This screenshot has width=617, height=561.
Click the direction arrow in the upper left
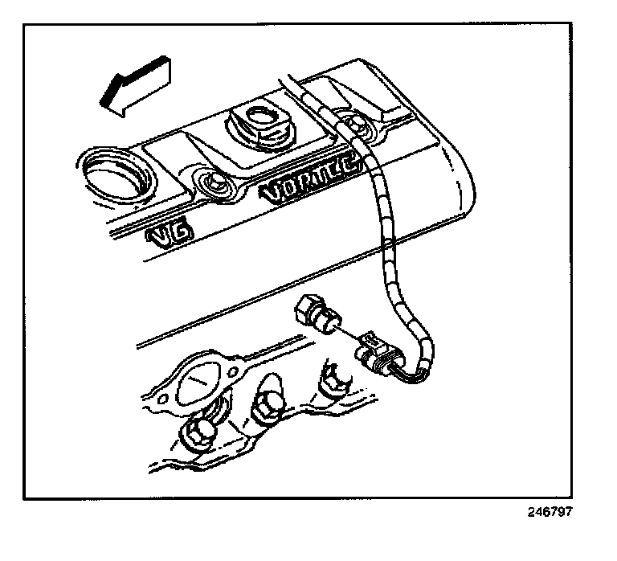point(134,84)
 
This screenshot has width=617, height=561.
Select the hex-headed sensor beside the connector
point(317,318)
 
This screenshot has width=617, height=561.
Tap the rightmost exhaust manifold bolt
point(331,378)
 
